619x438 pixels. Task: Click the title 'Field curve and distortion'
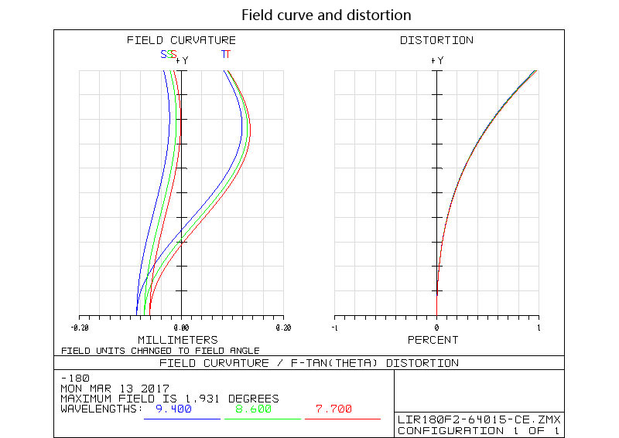(326, 15)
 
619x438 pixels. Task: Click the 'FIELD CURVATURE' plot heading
(181, 40)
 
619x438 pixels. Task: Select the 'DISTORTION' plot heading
(436, 40)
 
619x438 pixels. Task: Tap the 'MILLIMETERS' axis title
(177, 340)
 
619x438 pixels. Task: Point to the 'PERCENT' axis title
(433, 340)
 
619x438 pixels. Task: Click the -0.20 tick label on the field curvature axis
(78, 328)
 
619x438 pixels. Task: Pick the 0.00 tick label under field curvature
(181, 328)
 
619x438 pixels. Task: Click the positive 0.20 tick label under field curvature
(283, 328)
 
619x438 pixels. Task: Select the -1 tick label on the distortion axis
(333, 328)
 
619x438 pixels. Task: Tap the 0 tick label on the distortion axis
(436, 328)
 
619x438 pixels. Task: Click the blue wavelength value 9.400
(173, 409)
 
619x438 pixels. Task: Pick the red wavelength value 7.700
(333, 409)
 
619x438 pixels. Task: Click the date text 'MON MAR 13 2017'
(115, 389)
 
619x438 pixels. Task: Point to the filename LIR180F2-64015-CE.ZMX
(479, 420)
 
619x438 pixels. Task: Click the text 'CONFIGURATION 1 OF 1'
(479, 430)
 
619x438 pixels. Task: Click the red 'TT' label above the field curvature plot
(225, 54)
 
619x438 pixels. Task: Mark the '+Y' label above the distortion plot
(437, 59)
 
